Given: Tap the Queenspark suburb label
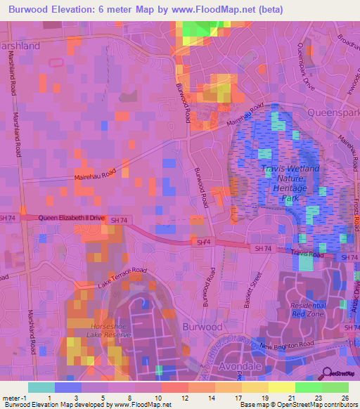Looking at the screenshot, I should click(333, 111).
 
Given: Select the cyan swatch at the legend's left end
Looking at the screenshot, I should click(41, 387).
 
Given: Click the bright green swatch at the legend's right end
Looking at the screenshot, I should click(335, 387).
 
